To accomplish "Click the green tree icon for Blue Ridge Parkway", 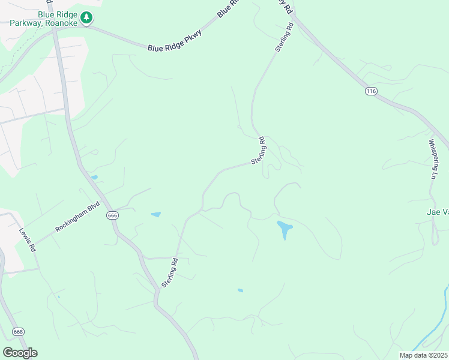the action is (87, 17).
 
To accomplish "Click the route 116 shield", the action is (370, 91).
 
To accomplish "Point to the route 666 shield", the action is (112, 215).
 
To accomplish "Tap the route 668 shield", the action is (18, 332).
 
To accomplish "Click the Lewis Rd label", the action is (27, 239).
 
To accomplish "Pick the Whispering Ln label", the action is (433, 159).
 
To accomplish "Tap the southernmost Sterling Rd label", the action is (169, 271).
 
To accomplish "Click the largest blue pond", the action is (284, 229).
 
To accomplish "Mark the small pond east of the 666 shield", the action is (155, 214).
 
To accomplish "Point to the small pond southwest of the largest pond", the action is (240, 290).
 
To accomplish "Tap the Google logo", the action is (20, 353).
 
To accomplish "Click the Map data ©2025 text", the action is (424, 355).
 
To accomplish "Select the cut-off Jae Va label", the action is (437, 212).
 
